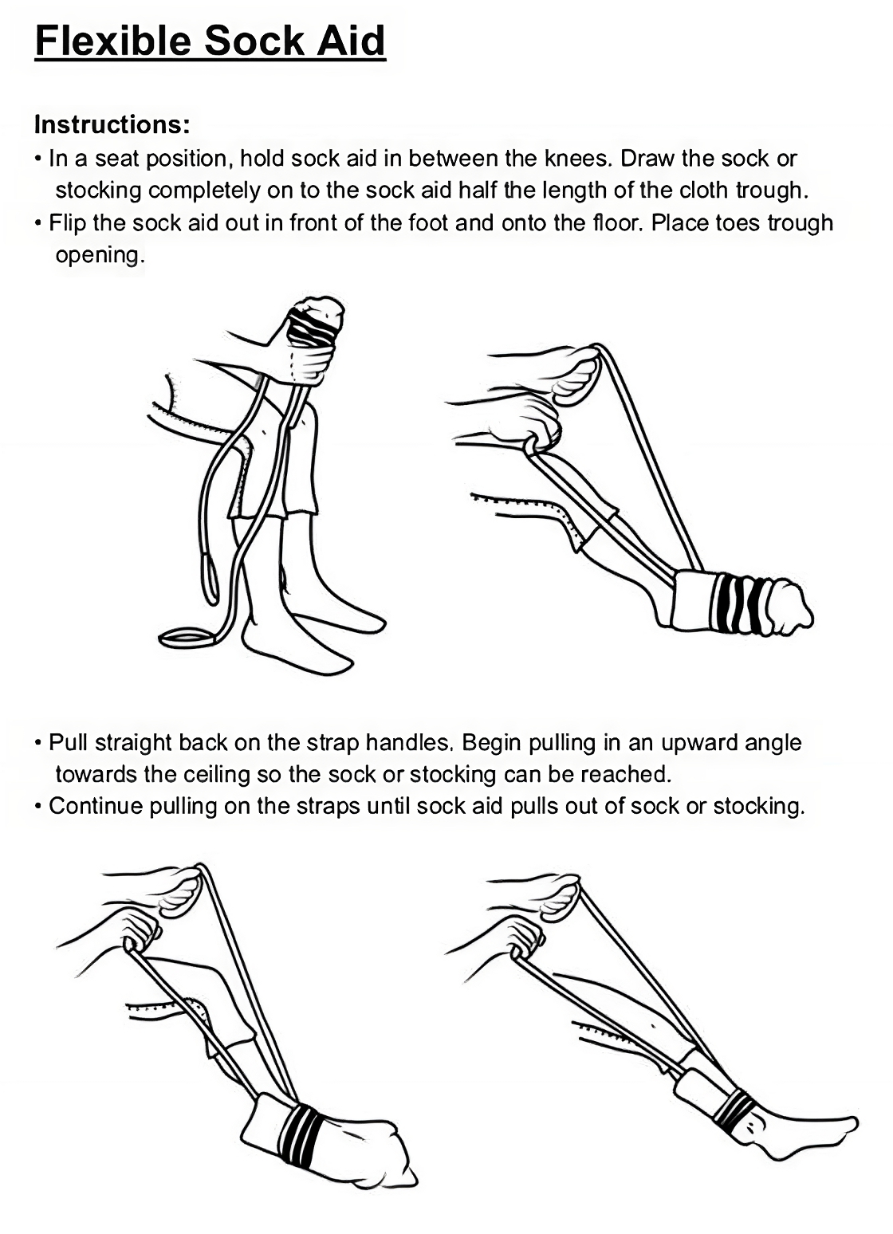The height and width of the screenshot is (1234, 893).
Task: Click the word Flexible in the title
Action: (x=113, y=41)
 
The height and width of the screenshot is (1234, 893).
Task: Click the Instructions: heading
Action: (x=112, y=125)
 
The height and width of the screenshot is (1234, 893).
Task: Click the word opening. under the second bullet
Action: (x=100, y=256)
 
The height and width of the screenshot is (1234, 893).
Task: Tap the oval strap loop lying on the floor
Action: (x=188, y=639)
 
